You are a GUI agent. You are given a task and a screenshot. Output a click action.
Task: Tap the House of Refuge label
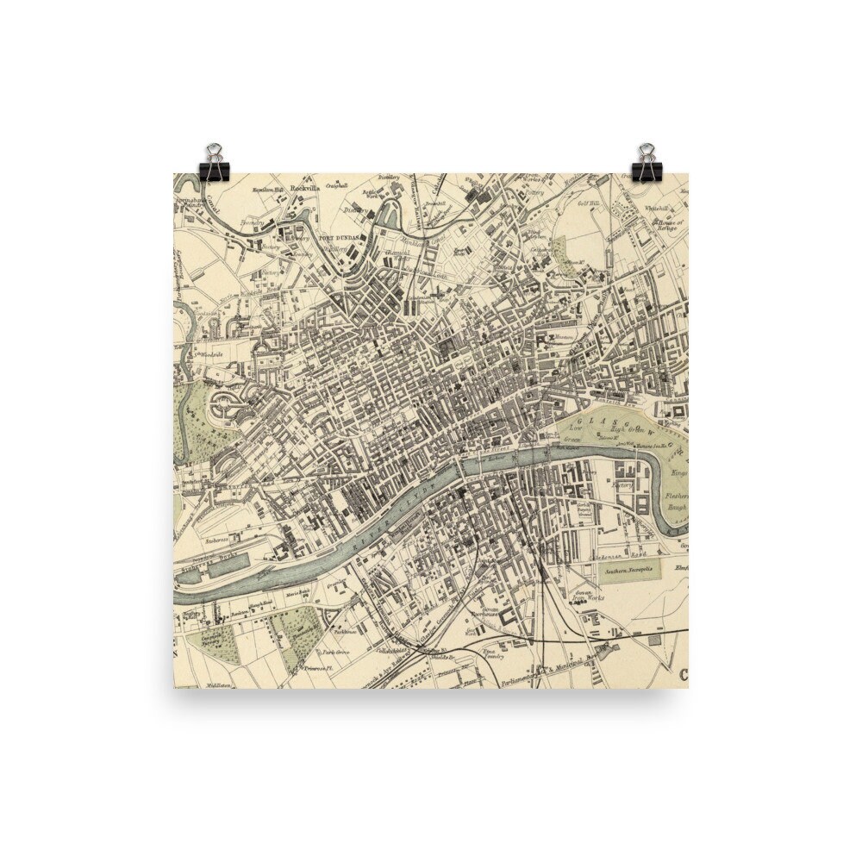668,225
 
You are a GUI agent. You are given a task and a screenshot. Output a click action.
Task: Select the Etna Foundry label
492,653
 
